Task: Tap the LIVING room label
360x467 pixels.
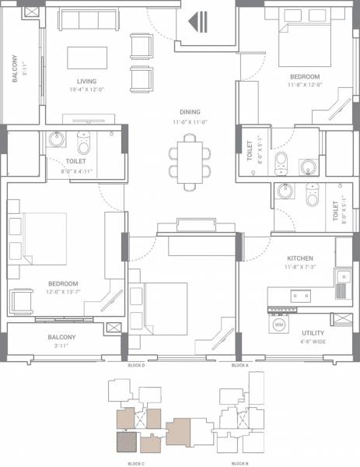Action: click(86, 81)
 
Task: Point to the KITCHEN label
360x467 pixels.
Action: click(299, 258)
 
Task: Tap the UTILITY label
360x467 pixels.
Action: click(313, 333)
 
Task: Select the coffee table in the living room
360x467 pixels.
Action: click(86, 58)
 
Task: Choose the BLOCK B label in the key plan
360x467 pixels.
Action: click(240, 463)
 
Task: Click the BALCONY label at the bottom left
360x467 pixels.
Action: click(61, 337)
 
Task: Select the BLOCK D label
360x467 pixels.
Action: click(136, 365)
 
